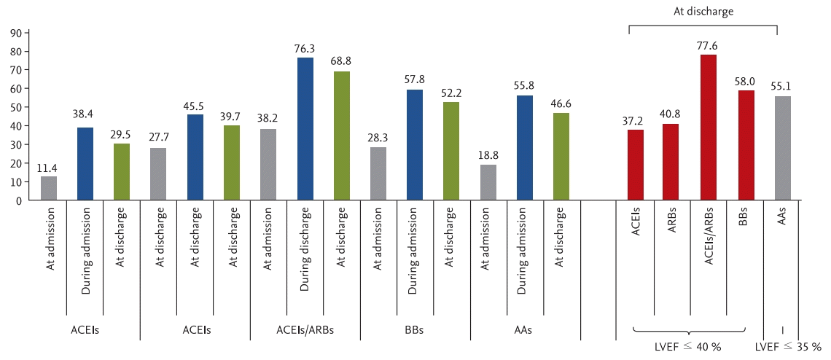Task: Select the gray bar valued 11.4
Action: click(49, 189)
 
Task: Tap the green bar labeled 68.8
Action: click(341, 136)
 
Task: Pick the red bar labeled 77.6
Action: click(708, 128)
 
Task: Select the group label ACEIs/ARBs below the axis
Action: click(305, 330)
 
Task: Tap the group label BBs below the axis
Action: click(415, 330)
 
